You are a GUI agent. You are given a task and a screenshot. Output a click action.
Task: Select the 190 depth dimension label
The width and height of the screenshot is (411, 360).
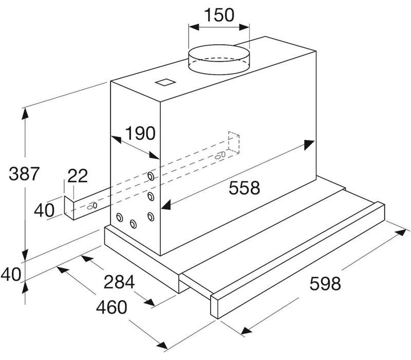click(x=140, y=134)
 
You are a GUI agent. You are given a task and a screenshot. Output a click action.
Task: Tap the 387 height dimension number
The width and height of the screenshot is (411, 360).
click(x=24, y=174)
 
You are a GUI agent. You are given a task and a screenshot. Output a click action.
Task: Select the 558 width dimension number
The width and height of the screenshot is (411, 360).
click(x=244, y=188)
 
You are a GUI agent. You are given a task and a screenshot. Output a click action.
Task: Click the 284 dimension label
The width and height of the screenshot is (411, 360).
click(x=119, y=282)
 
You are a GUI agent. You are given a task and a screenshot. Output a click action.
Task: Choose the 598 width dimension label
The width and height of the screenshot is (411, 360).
click(x=325, y=283)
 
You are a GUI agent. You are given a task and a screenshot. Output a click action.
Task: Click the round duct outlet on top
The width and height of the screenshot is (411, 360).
click(x=219, y=58)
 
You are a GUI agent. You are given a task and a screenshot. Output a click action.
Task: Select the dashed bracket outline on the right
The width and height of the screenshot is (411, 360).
click(x=234, y=143)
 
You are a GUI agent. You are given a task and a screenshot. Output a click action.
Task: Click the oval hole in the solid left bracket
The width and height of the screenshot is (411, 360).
click(x=92, y=206)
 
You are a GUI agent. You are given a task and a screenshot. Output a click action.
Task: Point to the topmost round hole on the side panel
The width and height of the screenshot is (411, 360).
click(x=151, y=177)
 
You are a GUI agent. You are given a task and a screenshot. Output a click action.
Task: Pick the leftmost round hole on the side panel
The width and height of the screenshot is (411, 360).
click(x=120, y=217)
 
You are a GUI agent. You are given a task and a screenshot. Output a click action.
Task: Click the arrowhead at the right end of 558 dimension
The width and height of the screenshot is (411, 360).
click(x=309, y=145)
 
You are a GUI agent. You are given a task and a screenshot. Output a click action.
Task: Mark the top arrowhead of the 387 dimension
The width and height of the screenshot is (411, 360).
click(x=24, y=113)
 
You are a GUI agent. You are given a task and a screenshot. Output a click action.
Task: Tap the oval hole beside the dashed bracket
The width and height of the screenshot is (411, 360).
click(x=221, y=154)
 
